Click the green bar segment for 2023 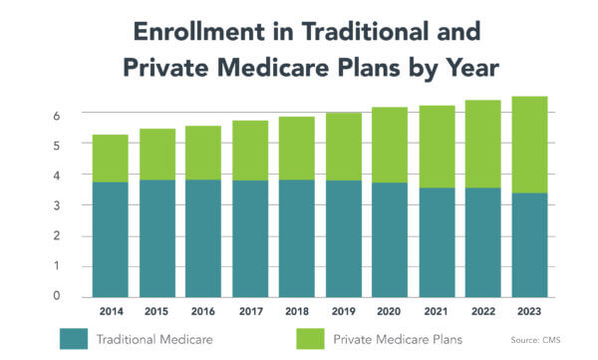pyautogui.click(x=528, y=145)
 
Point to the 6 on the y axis pyautogui.click(x=57, y=115)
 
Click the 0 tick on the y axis pyautogui.click(x=57, y=297)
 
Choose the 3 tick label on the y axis pyautogui.click(x=57, y=205)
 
